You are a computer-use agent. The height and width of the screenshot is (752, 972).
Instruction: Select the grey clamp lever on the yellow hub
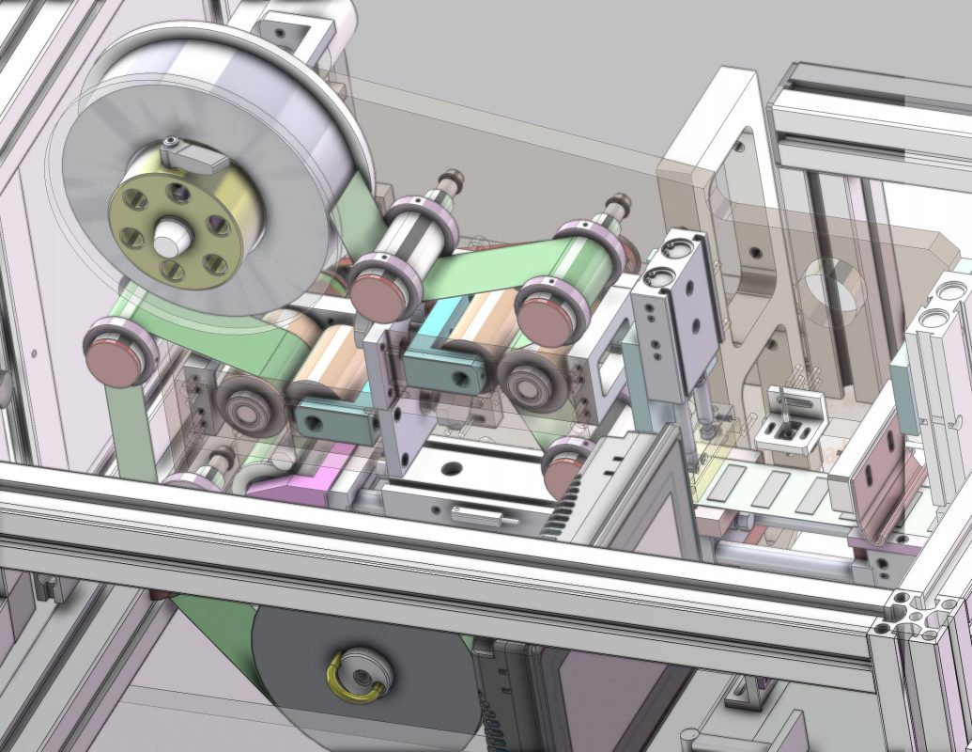193,154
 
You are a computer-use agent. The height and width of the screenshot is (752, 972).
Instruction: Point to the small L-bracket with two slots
793,417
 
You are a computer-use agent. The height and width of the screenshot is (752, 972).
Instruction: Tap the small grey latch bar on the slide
479,514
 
